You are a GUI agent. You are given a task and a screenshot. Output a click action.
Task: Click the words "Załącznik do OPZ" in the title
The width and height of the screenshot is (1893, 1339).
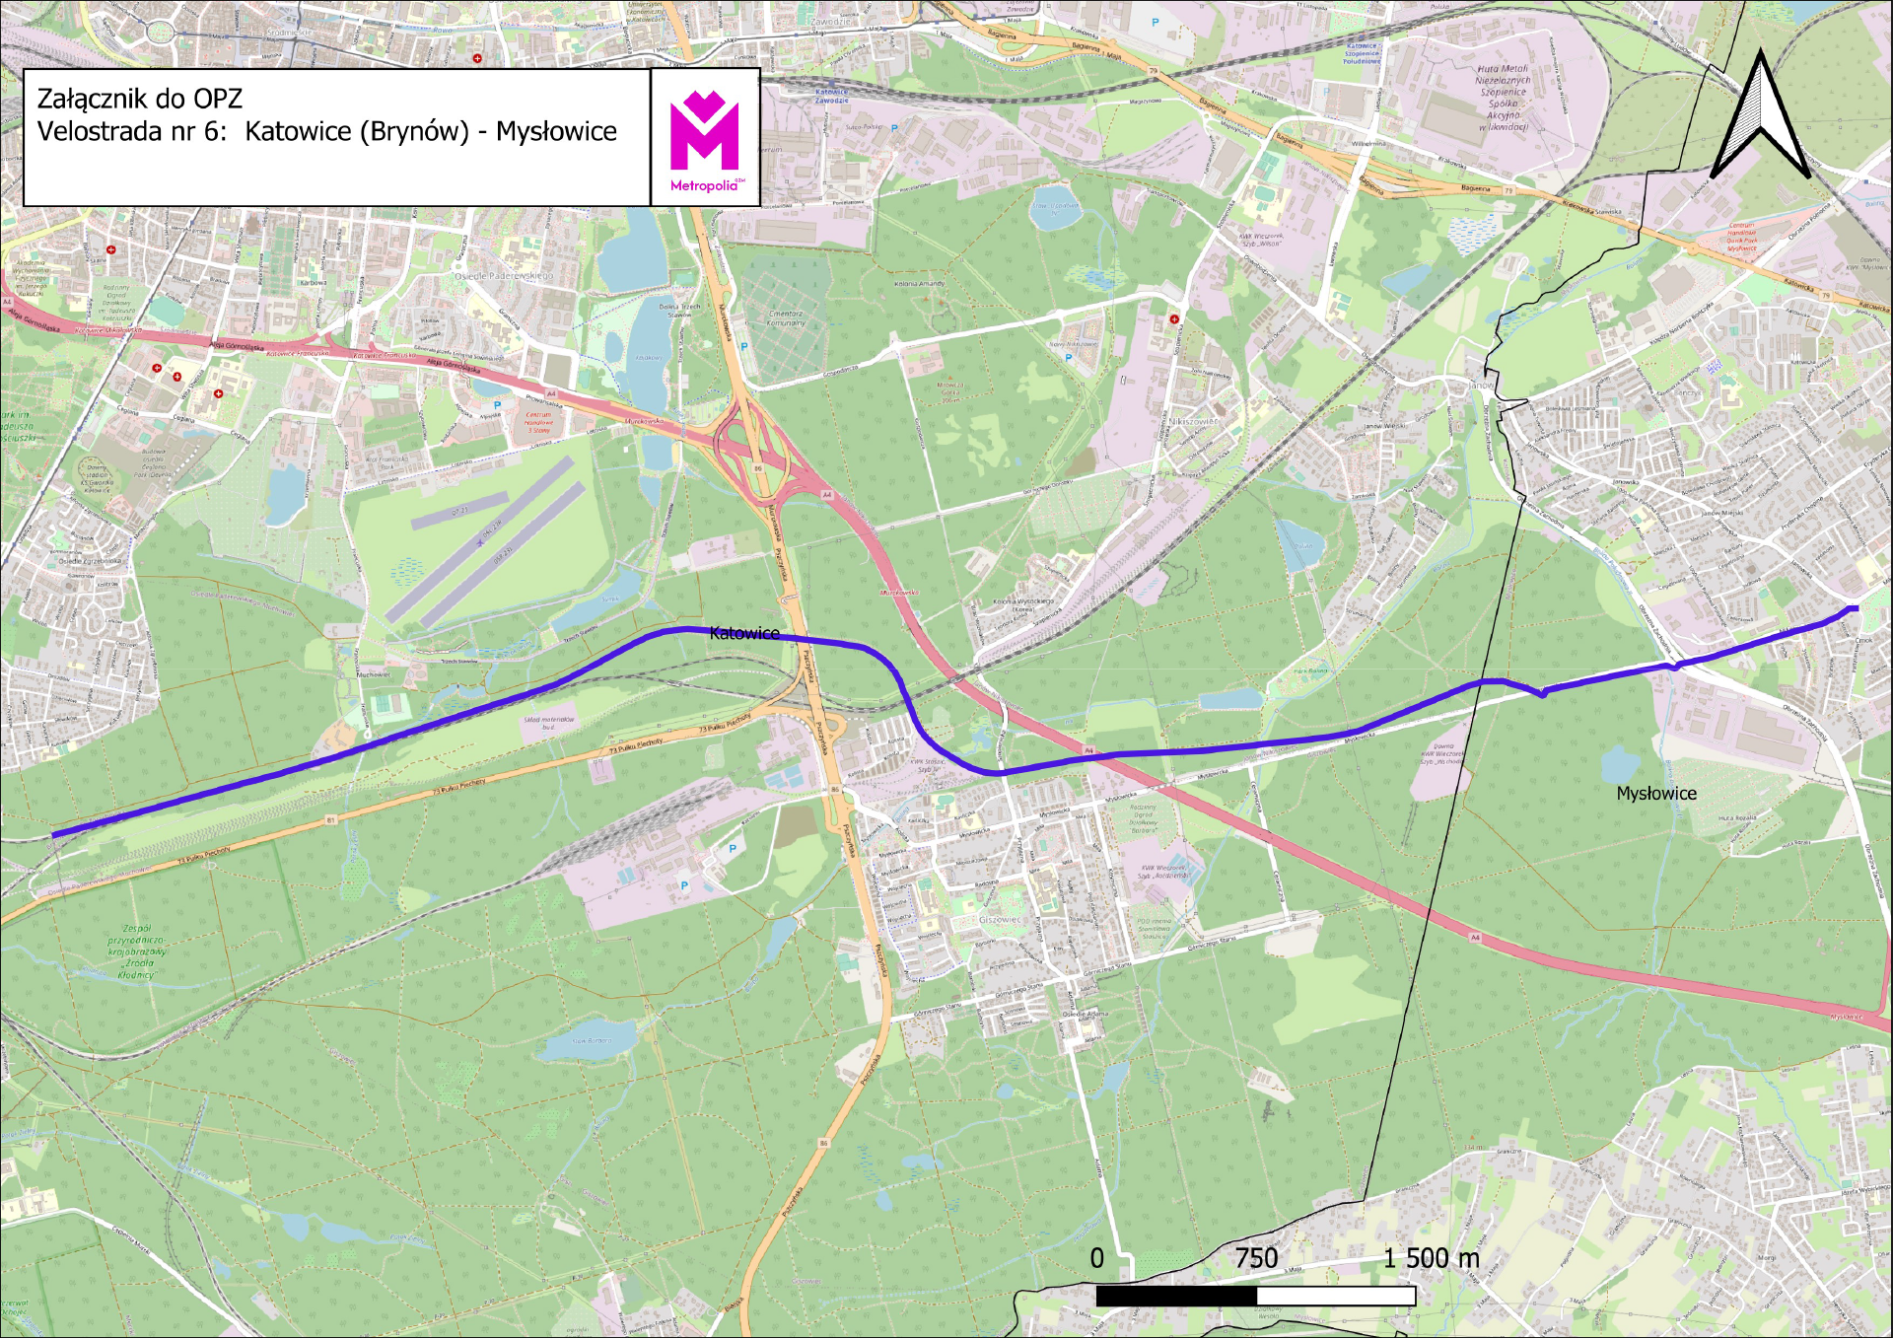tap(139, 99)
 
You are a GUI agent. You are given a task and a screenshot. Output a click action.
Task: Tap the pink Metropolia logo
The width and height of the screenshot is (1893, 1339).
tap(705, 138)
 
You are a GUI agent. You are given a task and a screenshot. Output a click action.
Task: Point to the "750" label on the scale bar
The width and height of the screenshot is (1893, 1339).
tap(1256, 1259)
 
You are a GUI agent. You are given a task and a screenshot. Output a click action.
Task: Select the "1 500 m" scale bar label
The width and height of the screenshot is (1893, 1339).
tap(1431, 1259)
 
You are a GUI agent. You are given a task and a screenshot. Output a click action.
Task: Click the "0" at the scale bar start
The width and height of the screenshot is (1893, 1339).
tap(1097, 1259)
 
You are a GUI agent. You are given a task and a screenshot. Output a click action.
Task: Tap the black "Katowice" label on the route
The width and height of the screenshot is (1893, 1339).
tap(744, 634)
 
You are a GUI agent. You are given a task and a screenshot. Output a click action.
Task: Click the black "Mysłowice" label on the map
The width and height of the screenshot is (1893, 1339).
tap(1656, 794)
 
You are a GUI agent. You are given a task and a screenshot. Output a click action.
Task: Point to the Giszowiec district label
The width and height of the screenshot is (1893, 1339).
tap(1000, 920)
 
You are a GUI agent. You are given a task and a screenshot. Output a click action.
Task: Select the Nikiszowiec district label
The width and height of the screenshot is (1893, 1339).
tap(1193, 421)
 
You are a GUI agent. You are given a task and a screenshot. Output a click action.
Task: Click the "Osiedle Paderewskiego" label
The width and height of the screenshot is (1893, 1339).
tap(504, 276)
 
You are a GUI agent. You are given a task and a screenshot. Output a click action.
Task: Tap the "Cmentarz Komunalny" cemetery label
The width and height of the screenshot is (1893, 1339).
tap(786, 318)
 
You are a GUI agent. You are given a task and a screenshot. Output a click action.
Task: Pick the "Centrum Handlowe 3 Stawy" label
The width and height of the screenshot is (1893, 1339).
tap(539, 422)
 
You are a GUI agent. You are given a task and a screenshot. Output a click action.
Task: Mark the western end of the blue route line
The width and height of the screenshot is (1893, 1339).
tap(53, 836)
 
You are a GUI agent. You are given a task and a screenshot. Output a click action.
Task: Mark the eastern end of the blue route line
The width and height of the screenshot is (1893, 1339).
tap(1857, 608)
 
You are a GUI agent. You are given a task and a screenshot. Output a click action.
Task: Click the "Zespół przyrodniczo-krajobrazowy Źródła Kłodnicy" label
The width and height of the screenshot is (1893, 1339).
tap(137, 951)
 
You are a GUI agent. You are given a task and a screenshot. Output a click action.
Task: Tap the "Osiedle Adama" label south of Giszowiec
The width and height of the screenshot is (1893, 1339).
tap(1085, 1014)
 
